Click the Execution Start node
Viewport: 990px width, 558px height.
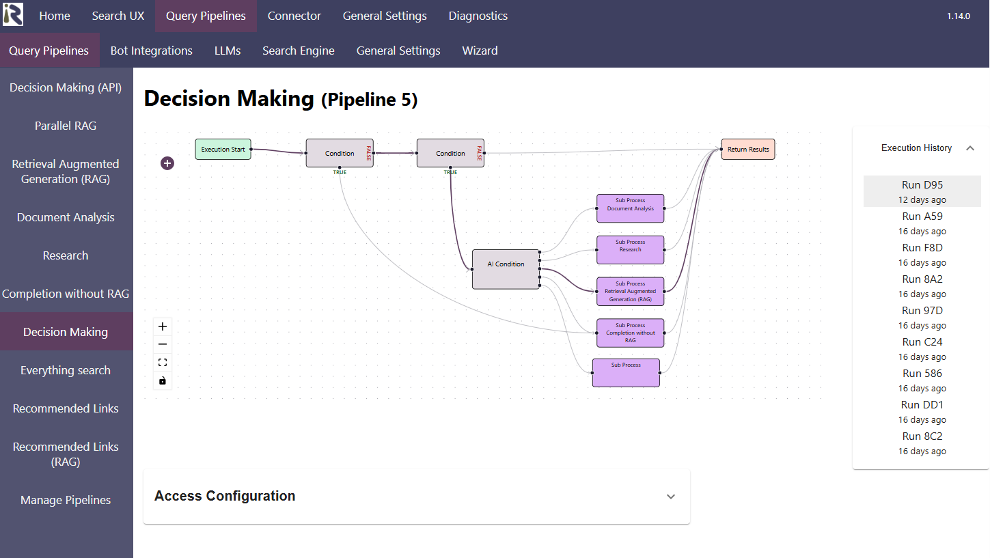223,150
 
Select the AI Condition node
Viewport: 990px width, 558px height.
506,269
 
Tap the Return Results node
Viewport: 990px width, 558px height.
748,150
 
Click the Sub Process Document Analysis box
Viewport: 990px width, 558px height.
630,208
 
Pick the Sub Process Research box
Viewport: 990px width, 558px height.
630,250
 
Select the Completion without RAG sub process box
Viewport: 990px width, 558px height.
630,333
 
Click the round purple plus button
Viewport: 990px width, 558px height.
167,163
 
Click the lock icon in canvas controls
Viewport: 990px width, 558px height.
163,380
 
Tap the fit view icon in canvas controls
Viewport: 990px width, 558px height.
163,363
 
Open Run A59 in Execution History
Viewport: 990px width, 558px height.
922,223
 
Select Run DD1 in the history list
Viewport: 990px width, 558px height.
922,411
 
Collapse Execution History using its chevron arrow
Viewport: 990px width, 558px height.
970,148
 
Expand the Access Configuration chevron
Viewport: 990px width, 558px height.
670,497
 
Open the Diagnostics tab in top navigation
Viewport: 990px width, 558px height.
478,16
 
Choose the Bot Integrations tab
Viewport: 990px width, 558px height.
151,51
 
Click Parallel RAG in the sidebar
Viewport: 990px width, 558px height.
66,126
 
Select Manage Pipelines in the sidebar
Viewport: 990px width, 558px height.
66,500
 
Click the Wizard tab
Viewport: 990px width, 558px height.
480,51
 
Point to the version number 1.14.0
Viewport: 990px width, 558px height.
958,16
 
